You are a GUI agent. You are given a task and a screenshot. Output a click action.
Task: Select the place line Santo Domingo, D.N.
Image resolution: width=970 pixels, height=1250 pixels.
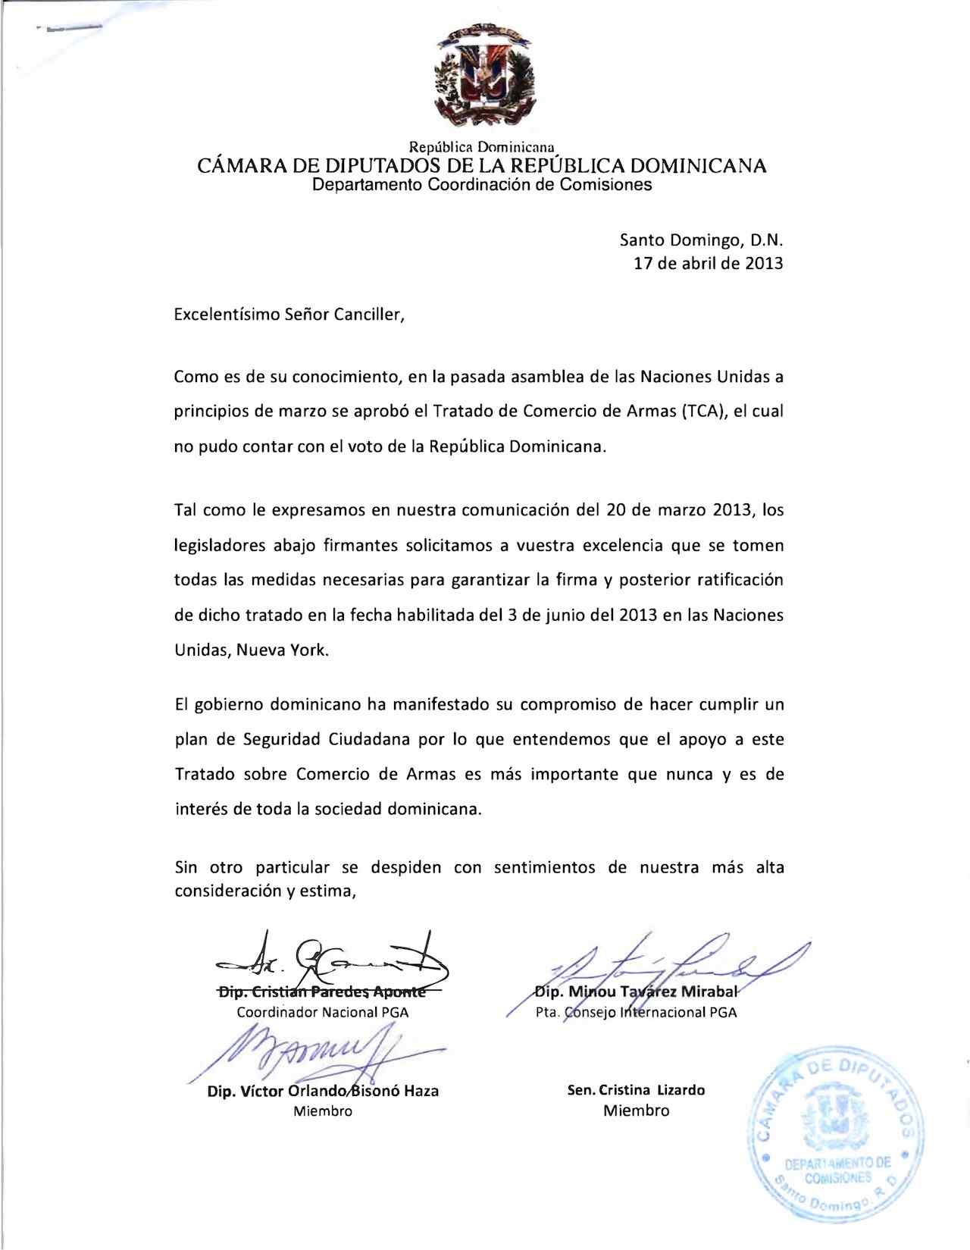[701, 241]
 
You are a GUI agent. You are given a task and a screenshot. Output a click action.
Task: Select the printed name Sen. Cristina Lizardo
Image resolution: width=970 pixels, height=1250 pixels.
[637, 1090]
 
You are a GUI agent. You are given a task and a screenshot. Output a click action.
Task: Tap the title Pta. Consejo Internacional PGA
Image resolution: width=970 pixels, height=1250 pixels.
[635, 1012]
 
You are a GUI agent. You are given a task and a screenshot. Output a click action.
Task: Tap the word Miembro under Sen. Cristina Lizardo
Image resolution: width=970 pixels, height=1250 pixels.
[637, 1111]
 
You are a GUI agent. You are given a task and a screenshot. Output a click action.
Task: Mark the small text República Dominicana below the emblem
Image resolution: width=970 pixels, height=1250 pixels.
[483, 146]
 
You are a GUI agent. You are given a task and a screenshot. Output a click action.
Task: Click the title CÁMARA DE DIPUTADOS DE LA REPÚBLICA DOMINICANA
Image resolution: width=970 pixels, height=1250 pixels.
[482, 165]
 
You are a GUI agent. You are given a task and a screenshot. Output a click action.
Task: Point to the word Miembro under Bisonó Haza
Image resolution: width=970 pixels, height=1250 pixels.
[322, 1111]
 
